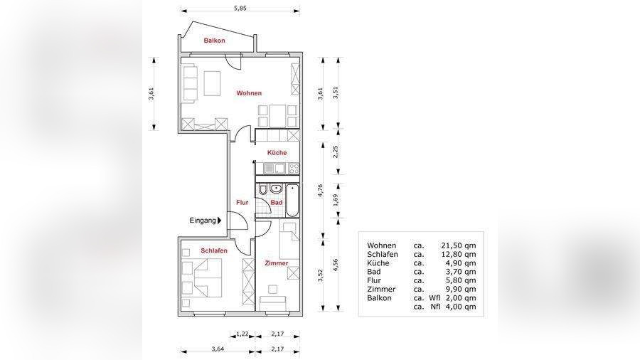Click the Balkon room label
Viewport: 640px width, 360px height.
[214, 41]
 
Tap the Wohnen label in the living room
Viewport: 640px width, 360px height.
[249, 93]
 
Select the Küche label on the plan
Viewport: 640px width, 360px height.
[277, 153]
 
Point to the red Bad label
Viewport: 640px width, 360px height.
[277, 203]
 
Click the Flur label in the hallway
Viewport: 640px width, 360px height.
[242, 203]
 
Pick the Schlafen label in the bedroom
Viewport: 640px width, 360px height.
[214, 250]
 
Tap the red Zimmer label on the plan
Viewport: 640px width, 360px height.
[277, 263]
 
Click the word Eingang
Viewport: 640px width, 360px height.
[203, 221]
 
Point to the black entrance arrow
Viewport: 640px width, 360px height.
[220, 221]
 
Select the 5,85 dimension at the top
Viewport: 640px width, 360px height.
[240, 8]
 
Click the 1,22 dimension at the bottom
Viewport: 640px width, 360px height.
[242, 334]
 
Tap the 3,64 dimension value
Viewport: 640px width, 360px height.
[218, 349]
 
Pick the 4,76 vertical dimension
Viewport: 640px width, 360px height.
[321, 191]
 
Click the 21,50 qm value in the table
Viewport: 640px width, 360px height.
[459, 245]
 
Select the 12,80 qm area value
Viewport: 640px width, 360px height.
[459, 254]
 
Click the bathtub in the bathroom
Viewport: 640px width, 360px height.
[292, 201]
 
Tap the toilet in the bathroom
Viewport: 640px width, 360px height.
[263, 190]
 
